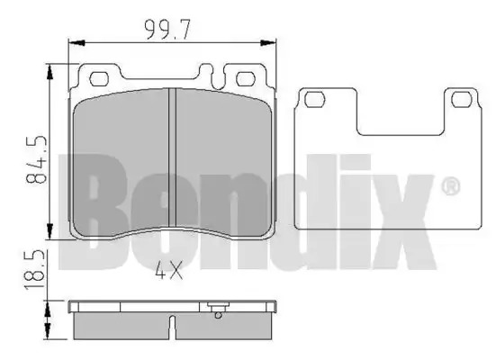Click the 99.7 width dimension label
click(x=167, y=30)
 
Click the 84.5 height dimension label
click(x=36, y=160)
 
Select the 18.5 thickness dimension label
click(x=34, y=269)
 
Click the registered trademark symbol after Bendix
click(x=450, y=186)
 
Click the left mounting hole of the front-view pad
click(x=99, y=79)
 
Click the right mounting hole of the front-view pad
click(x=246, y=79)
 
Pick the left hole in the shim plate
click(x=314, y=99)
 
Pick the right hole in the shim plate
click(x=462, y=99)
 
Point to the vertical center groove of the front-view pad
click(x=172, y=157)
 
